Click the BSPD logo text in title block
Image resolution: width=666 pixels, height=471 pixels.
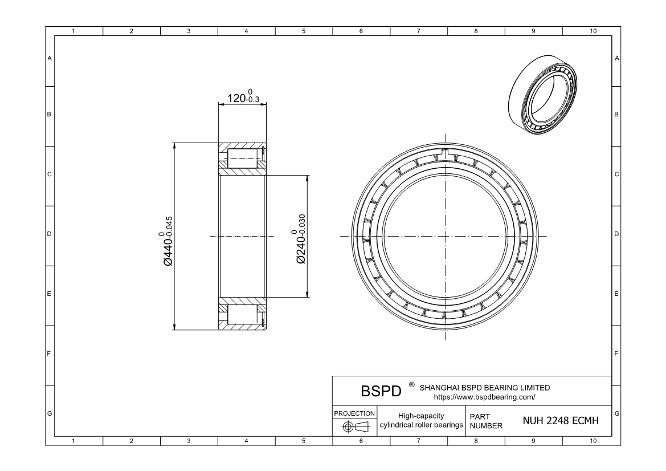click(381, 391)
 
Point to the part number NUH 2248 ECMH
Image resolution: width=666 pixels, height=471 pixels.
click(560, 421)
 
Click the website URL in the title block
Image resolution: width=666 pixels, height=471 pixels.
click(484, 397)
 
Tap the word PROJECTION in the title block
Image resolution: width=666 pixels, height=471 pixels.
click(354, 413)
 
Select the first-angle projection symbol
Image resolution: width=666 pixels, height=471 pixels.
click(354, 427)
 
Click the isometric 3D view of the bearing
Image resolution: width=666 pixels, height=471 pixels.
click(544, 94)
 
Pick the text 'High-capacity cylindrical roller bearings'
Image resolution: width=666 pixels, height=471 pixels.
click(421, 420)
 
